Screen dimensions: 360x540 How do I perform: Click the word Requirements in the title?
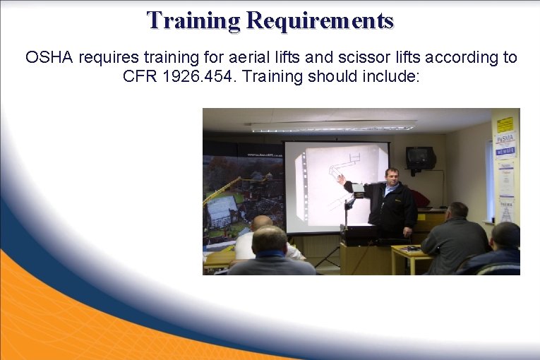[x=320, y=20]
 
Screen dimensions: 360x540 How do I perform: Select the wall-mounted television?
[x=421, y=157]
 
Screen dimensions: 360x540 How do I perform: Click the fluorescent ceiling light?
[x=333, y=127]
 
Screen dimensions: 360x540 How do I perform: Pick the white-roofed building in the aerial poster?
[x=222, y=210]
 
